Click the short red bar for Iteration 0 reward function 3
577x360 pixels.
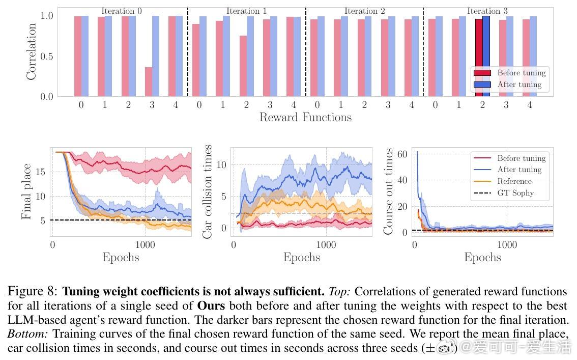coord(149,81)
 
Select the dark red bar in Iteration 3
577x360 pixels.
coord(478,57)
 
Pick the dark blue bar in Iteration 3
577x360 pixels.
coord(486,56)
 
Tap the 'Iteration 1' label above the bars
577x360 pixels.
coord(246,11)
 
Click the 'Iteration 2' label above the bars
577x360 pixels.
coord(364,11)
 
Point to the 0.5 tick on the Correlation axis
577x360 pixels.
coord(46,56)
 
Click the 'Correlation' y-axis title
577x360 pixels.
coord(32,51)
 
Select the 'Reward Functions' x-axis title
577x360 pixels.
coord(305,118)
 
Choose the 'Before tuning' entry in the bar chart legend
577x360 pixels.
coord(521,73)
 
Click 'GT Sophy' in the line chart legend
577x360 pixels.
coord(515,193)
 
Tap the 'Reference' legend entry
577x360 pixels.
coord(514,181)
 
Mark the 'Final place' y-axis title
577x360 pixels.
coord(26,191)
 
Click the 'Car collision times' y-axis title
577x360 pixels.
coord(208,191)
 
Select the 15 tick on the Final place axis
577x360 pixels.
coord(40,172)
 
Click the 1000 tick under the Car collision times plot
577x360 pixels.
coord(326,245)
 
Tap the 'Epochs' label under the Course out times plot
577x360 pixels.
coord(482,257)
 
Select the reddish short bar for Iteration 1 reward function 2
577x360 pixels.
coord(243,66)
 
